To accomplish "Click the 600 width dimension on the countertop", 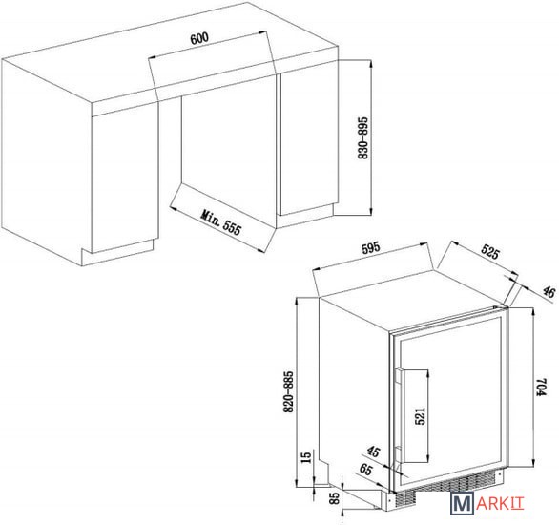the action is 199,38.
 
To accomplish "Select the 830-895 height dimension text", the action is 362,137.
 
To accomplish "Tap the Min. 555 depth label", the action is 221,222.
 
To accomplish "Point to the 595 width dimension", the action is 371,248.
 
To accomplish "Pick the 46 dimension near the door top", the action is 549,292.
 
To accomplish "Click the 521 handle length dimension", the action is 421,416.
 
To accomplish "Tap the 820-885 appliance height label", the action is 288,392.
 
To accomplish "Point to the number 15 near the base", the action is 306,456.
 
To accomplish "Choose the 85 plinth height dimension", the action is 335,498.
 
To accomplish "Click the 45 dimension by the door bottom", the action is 373,451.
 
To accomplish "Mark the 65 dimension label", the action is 365,469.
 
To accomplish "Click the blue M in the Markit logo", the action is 463,503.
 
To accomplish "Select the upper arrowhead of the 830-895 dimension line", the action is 371,64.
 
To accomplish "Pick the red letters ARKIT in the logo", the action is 500,503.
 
